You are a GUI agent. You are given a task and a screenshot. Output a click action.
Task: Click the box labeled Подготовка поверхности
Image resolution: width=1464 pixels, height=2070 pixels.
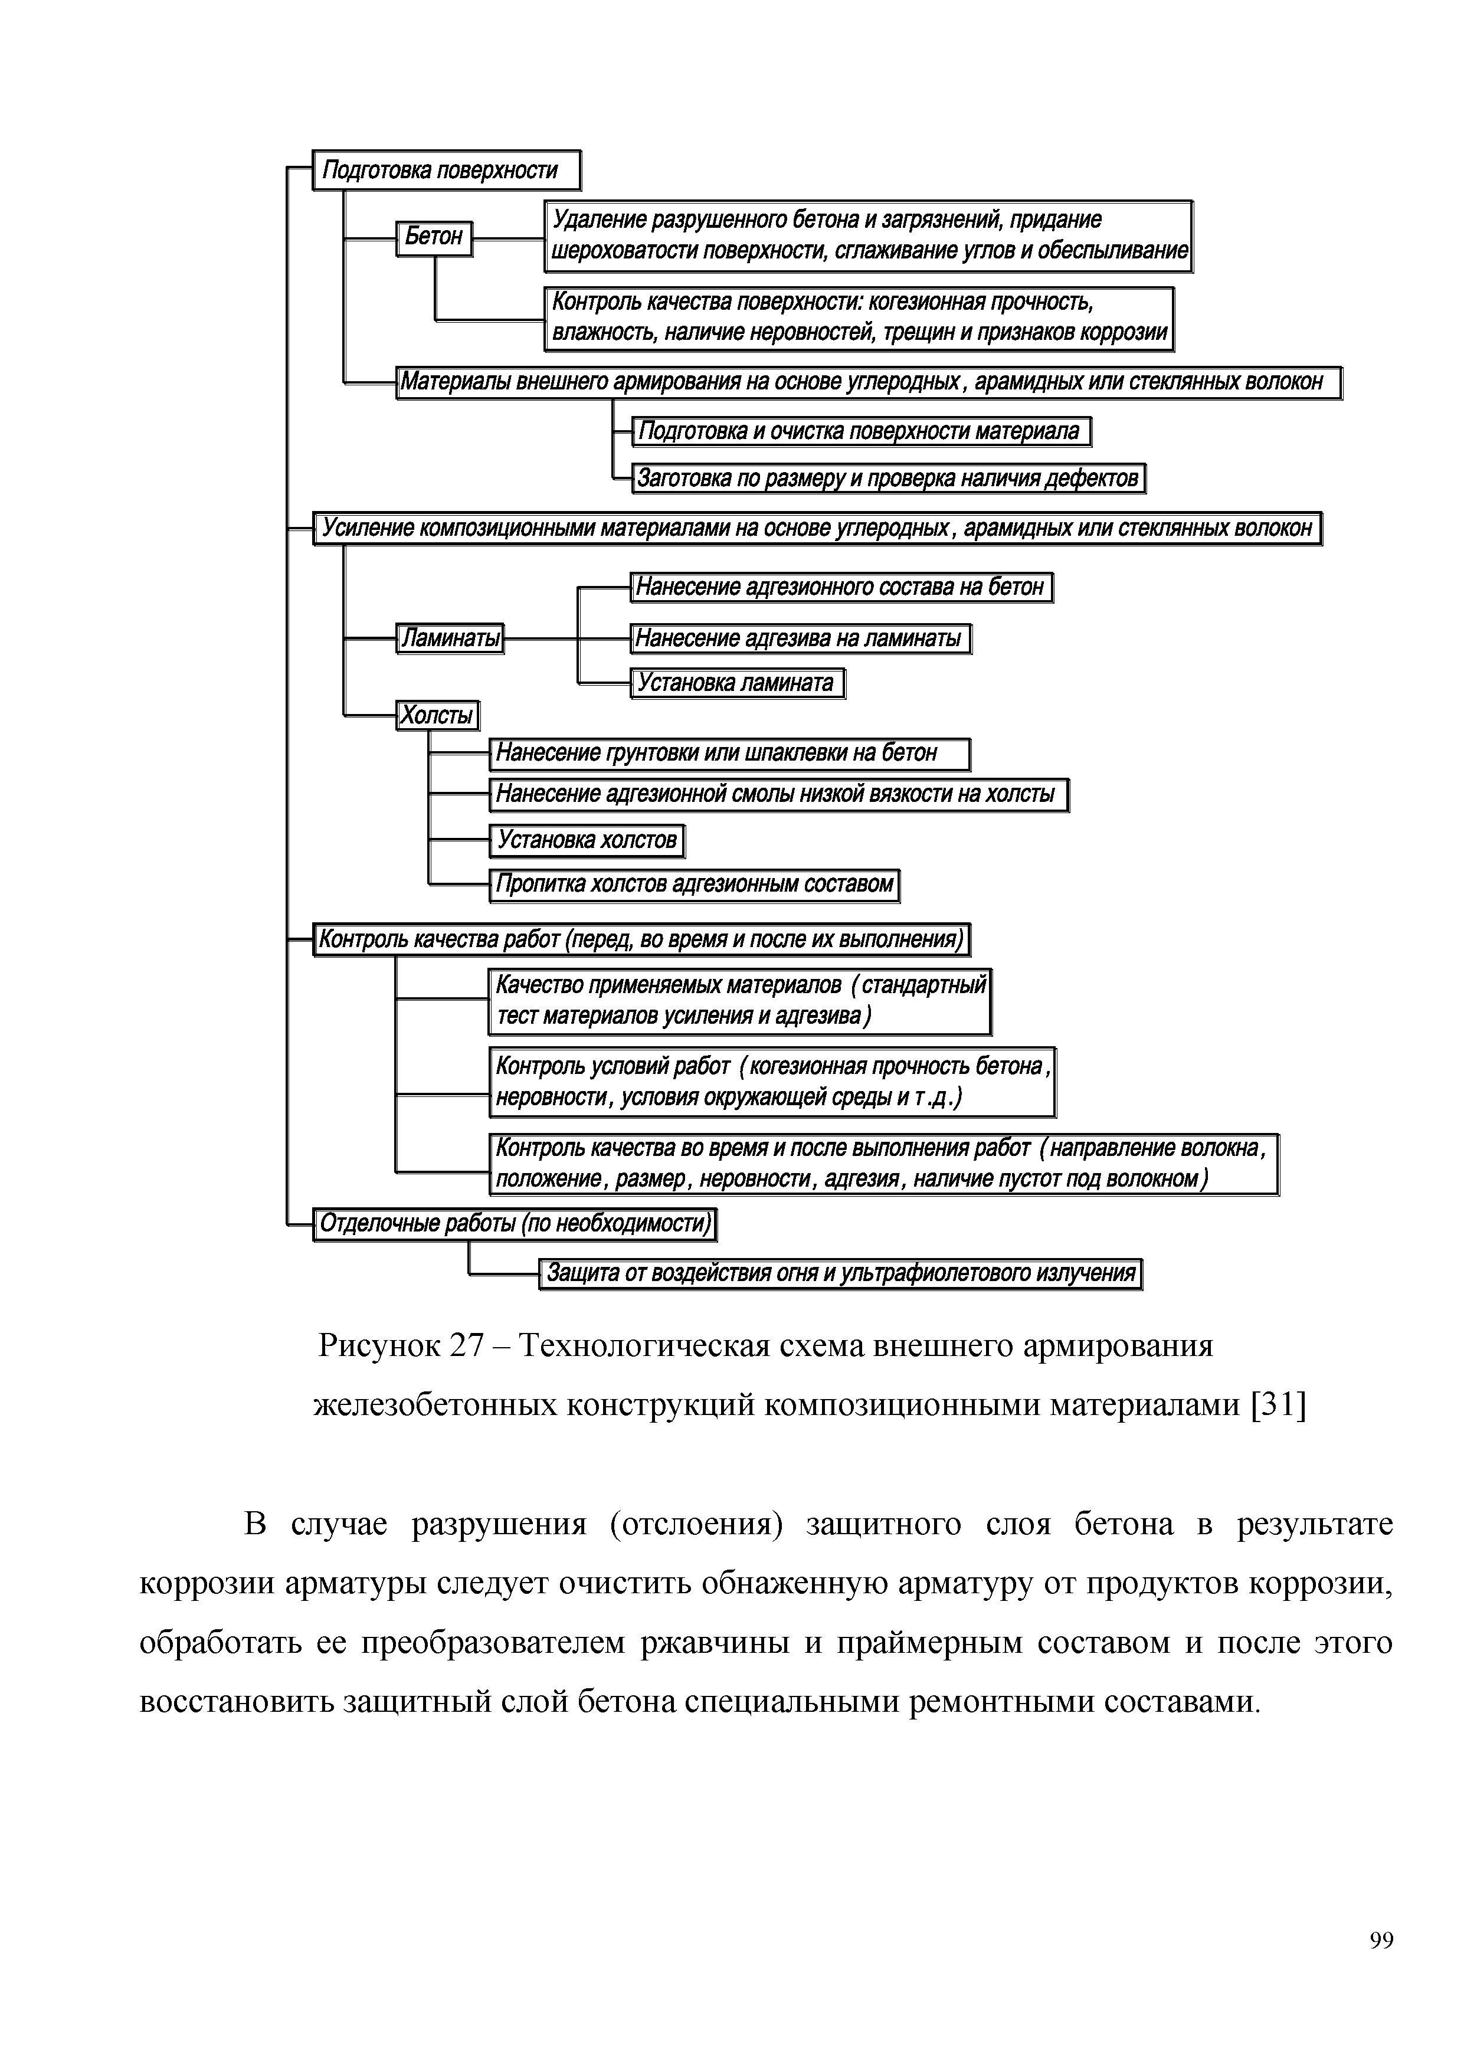click(x=446, y=171)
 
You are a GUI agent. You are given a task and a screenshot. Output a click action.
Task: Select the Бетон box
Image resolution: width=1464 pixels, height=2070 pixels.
click(x=434, y=237)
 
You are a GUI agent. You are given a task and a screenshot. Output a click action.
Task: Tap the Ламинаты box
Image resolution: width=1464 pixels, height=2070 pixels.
click(x=450, y=638)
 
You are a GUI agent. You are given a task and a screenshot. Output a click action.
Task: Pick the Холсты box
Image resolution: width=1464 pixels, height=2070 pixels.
click(x=437, y=716)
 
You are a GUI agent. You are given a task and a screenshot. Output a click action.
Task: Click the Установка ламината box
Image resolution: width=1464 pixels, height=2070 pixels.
click(x=736, y=683)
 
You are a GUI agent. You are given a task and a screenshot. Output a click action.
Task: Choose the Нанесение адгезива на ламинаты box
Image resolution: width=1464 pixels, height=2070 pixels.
click(x=800, y=638)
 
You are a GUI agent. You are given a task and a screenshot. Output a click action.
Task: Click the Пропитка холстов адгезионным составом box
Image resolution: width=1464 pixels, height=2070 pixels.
click(x=694, y=885)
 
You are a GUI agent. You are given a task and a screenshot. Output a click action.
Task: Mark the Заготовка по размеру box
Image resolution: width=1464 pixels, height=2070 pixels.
click(x=888, y=478)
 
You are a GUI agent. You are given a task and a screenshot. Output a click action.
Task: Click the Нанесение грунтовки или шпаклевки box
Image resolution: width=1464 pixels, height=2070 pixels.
click(x=729, y=753)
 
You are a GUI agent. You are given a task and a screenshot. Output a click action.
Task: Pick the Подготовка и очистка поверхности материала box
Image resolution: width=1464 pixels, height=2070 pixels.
click(x=861, y=432)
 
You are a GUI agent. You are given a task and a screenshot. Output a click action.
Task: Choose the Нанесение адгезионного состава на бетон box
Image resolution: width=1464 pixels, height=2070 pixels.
click(x=840, y=588)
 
